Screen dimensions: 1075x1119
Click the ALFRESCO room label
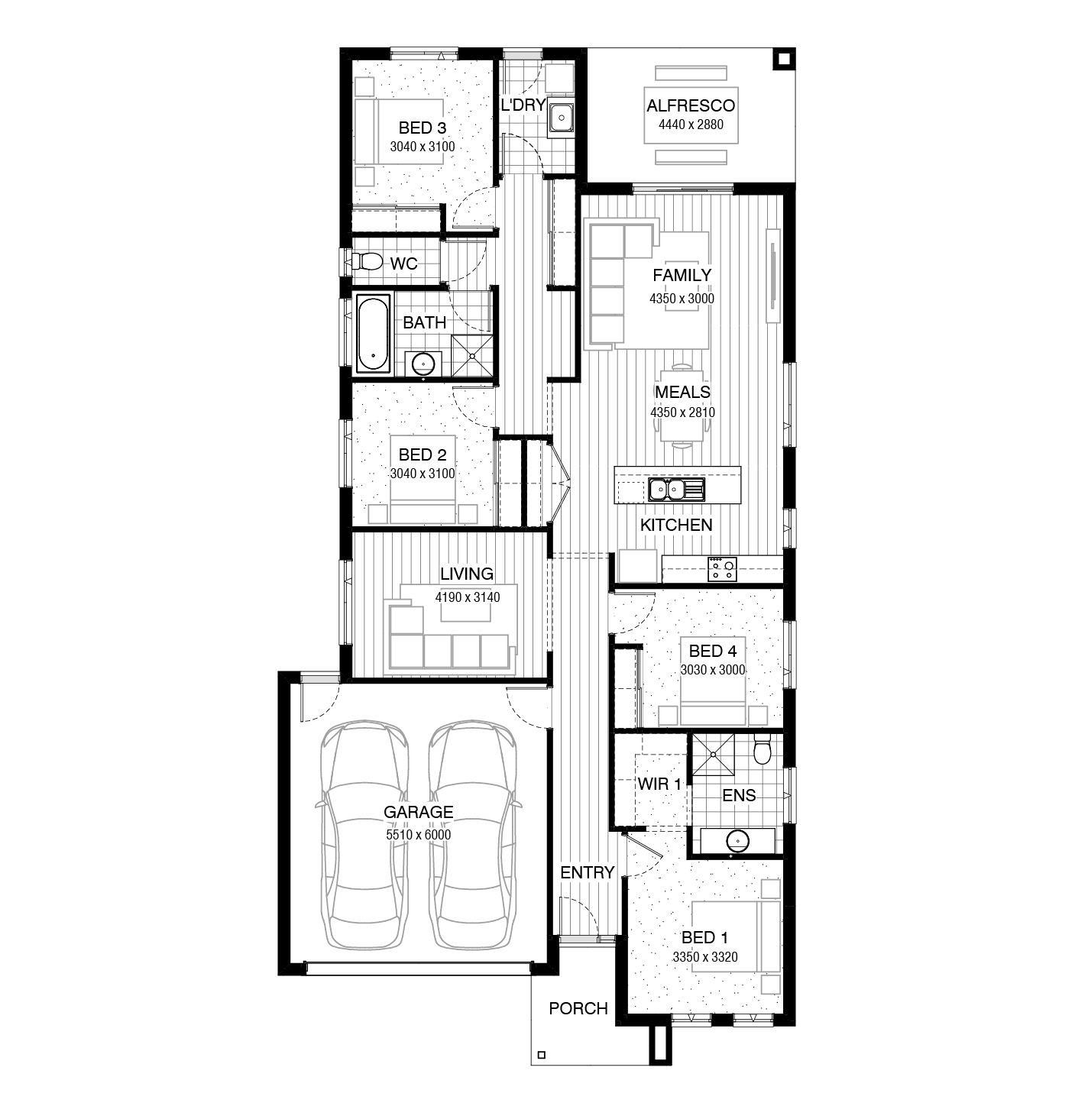click(x=690, y=106)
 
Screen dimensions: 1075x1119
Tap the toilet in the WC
click(x=367, y=262)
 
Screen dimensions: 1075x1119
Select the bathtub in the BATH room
click(x=374, y=334)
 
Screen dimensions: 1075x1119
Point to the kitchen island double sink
click(x=675, y=490)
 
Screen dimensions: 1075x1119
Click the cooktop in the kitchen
click(x=722, y=569)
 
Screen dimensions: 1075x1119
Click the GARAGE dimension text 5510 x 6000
click(x=418, y=834)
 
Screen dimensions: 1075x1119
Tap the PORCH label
click(x=578, y=1008)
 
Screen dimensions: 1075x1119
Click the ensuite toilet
click(x=762, y=749)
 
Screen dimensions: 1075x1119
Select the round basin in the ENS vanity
click(x=737, y=841)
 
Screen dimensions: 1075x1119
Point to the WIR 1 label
click(x=659, y=784)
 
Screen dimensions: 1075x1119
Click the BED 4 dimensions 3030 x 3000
click(x=713, y=669)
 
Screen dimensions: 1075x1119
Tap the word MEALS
click(x=683, y=392)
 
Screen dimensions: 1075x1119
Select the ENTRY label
click(x=588, y=872)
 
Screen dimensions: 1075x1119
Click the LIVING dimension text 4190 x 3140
click(x=467, y=597)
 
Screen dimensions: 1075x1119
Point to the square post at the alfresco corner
click(x=783, y=59)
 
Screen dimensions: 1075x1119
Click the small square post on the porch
click(x=541, y=1055)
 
